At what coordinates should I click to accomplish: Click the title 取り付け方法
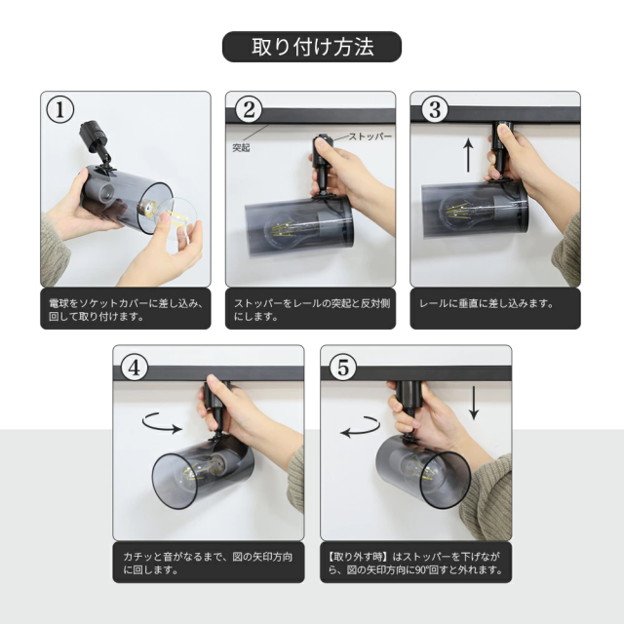[x=312, y=47]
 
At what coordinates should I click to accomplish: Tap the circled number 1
[x=60, y=109]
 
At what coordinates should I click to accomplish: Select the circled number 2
[x=249, y=109]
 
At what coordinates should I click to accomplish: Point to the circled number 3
[x=434, y=109]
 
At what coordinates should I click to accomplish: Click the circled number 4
[x=135, y=367]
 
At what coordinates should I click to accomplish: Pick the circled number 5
[x=342, y=367]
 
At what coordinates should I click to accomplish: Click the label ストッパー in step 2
[x=370, y=136]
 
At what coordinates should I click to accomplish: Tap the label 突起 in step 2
[x=241, y=147]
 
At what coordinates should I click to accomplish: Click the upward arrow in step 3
[x=469, y=155]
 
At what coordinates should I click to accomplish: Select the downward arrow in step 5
[x=473, y=403]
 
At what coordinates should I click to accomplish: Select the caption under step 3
[x=487, y=303]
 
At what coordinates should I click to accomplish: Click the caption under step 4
[x=208, y=563]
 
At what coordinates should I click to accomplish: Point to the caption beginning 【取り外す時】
[x=414, y=563]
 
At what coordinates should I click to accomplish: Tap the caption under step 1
[x=126, y=310]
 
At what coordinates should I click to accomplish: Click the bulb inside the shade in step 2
[x=292, y=229]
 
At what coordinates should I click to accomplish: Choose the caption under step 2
[x=312, y=310]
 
